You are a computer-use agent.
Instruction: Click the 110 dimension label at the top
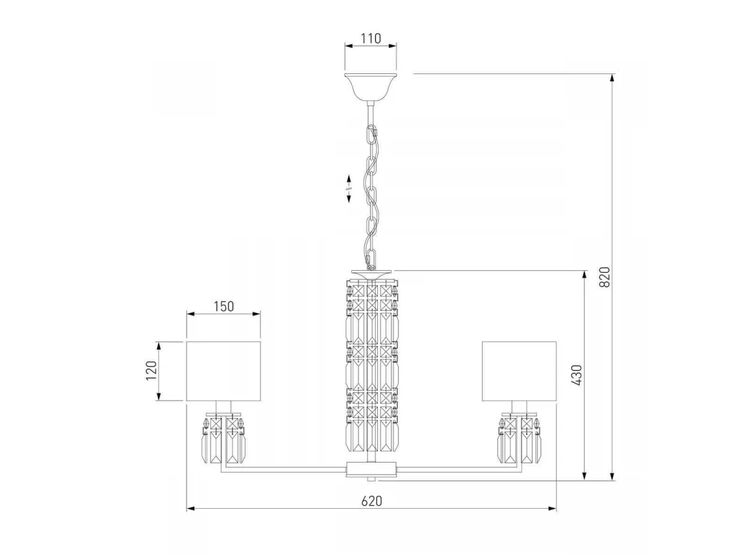pyautogui.click(x=371, y=38)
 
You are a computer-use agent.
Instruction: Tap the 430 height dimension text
pyautogui.click(x=577, y=375)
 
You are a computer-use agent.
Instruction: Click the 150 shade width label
pyautogui.click(x=224, y=306)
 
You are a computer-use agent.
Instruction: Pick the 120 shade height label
pyautogui.click(x=151, y=371)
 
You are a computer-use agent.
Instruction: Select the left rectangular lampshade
pyautogui.click(x=224, y=371)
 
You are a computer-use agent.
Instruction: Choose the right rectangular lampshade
pyautogui.click(x=519, y=371)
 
